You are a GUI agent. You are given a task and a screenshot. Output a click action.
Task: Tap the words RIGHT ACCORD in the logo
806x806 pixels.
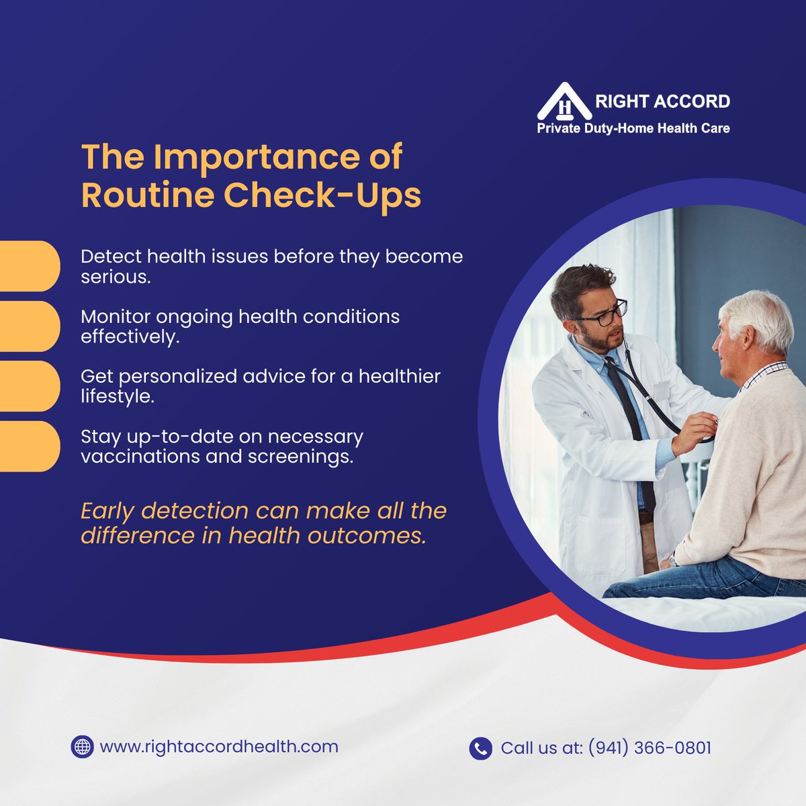tap(662, 101)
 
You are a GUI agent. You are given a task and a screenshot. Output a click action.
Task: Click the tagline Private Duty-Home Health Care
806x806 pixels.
tap(633, 128)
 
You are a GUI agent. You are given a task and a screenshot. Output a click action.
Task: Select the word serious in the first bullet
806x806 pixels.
tap(115, 277)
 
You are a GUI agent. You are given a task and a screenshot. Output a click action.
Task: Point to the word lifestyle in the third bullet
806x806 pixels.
tap(117, 396)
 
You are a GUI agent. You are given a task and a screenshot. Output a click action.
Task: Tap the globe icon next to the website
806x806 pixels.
tap(82, 747)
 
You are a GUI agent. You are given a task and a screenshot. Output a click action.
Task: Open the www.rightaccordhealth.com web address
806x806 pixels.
tap(219, 747)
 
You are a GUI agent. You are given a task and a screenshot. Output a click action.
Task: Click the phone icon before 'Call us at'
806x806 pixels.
tap(480, 748)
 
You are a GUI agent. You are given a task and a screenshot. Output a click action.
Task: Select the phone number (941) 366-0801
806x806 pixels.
tap(650, 748)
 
